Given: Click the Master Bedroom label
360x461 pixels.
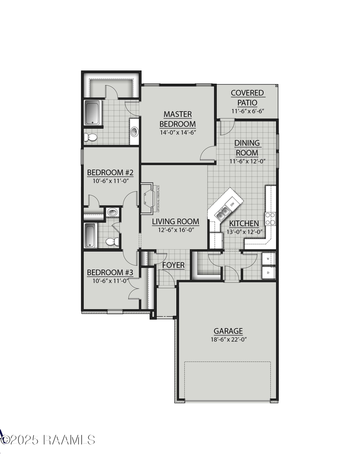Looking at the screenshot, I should pyautogui.click(x=178, y=119).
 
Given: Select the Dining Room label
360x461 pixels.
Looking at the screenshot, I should pyautogui.click(x=247, y=148).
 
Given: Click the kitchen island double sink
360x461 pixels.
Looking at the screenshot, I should pyautogui.click(x=222, y=212).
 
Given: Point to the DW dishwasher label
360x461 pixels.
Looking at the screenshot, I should pyautogui.click(x=232, y=204).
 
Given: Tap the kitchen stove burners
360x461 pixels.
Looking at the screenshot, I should pyautogui.click(x=270, y=218).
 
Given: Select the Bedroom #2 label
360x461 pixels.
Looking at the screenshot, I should pyautogui.click(x=110, y=172).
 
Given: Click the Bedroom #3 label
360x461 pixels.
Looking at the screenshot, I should pyautogui.click(x=110, y=273).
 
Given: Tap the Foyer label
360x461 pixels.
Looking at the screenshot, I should pyautogui.click(x=173, y=265).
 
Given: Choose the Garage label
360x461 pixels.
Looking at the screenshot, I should pyautogui.click(x=228, y=331).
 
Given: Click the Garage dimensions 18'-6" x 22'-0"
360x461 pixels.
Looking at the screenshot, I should pyautogui.click(x=228, y=339).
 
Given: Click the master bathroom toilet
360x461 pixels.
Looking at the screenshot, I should pyautogui.click(x=91, y=137).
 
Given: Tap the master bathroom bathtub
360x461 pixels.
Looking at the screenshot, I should pyautogui.click(x=92, y=112).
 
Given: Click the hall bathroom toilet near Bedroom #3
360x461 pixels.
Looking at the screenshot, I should pyautogui.click(x=112, y=242).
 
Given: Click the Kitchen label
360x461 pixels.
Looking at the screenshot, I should pyautogui.click(x=244, y=224).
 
